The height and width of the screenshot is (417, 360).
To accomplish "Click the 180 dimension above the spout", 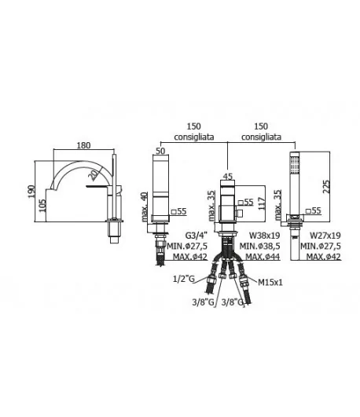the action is tap(83, 145).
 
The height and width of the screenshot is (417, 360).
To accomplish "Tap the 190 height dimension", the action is tap(31, 192).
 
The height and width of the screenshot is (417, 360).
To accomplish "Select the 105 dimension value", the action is tap(42, 206).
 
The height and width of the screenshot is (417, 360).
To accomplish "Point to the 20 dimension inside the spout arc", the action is tap(93, 175).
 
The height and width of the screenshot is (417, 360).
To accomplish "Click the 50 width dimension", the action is tap(160, 151).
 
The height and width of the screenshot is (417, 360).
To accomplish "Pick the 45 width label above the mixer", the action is tap(228, 177).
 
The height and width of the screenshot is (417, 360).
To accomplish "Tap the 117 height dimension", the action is tap(262, 203).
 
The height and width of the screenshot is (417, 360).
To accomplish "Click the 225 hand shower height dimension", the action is tap(326, 187).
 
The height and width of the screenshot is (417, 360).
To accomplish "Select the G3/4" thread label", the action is tap(197, 236).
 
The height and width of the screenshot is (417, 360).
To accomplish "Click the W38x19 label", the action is tap(264, 236).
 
